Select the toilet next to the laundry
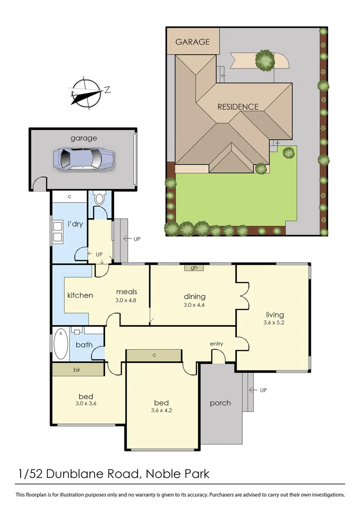click(99, 199)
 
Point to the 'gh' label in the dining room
click(193, 268)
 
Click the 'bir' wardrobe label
click(77, 370)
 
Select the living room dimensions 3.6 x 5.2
click(274, 323)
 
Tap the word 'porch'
click(220, 403)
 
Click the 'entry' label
click(216, 344)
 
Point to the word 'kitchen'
click(80, 296)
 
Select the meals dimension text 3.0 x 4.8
click(126, 300)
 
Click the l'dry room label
click(75, 224)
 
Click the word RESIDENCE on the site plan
click(237, 107)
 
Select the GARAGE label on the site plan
click(192, 42)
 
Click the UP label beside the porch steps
click(263, 390)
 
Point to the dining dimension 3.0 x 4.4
click(194, 304)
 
